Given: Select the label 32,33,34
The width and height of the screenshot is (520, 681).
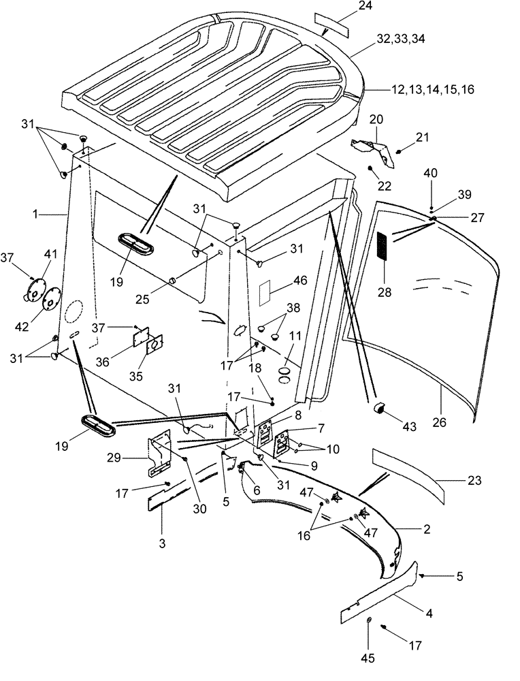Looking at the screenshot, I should point(401,40).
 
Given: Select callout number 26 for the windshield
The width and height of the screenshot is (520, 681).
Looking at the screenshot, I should point(440,422).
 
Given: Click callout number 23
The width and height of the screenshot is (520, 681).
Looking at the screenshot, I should point(455,480).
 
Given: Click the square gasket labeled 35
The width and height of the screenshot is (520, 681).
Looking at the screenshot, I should point(156,345).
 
